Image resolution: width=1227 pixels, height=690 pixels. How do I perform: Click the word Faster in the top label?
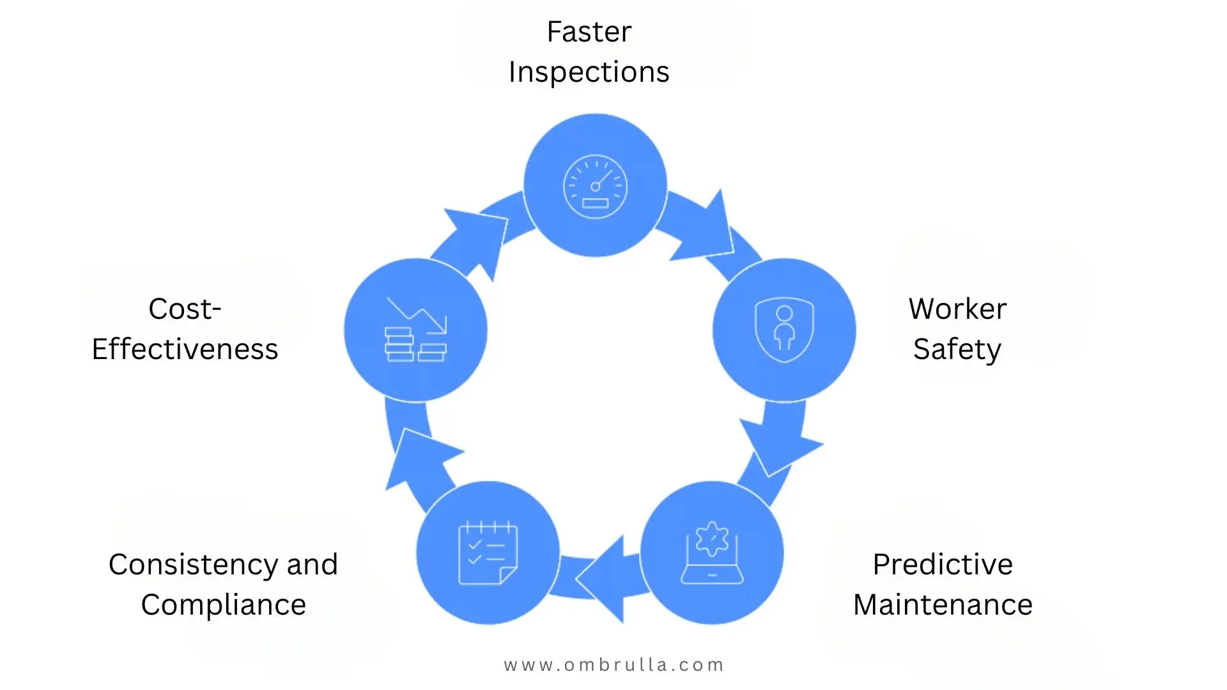coord(589,32)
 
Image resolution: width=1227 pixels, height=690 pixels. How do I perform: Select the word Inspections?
coord(589,72)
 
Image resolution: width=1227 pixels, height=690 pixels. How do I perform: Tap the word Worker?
coord(957,309)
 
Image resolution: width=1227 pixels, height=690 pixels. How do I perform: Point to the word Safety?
coord(957,349)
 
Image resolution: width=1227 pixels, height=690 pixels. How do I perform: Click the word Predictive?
coord(943,565)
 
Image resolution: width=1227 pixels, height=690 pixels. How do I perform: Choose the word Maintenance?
coord(943,605)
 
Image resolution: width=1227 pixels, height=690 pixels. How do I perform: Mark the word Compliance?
coord(224,605)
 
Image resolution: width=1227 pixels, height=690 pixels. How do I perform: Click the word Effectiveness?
coord(185,349)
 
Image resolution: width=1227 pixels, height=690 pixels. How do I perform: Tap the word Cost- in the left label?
coord(185,309)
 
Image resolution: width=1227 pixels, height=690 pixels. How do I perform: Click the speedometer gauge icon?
coord(595,187)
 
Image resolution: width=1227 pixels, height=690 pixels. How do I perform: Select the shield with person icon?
coord(784,330)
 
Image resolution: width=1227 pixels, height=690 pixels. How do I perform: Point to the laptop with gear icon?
coord(712,553)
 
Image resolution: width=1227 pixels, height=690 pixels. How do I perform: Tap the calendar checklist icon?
coord(488,553)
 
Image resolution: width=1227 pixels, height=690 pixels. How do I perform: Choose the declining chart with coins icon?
coord(415,330)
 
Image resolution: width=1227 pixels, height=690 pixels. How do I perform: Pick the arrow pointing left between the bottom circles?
coord(604,578)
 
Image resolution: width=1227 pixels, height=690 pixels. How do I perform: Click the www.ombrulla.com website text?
coord(613,665)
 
